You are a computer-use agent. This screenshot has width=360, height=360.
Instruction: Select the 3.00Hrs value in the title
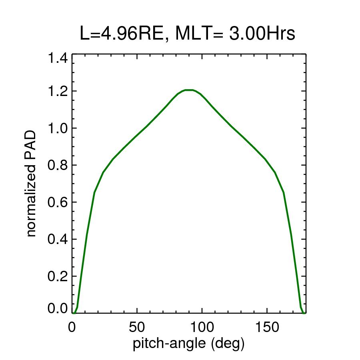coord(262,34)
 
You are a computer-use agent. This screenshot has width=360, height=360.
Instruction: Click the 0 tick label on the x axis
coord(72,327)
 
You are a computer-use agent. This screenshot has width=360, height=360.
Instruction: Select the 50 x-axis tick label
coord(137,327)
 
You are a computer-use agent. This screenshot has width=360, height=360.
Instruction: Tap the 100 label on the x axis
coord(202,327)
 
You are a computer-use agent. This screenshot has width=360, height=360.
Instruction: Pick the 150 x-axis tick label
coord(267,327)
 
